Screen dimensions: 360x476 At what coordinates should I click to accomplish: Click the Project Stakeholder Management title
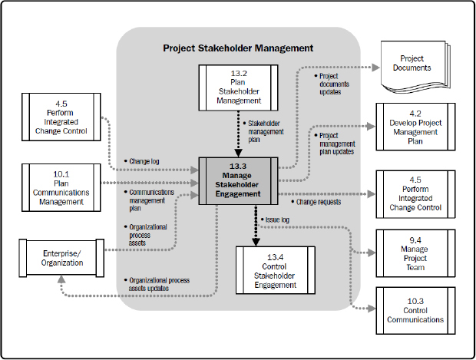(238, 48)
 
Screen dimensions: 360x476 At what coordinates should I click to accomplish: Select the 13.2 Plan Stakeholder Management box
(238, 84)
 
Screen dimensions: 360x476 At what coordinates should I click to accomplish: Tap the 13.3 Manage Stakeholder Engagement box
(238, 181)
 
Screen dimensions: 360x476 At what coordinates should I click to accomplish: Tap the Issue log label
(276, 220)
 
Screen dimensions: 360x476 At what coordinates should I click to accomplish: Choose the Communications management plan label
(149, 199)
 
